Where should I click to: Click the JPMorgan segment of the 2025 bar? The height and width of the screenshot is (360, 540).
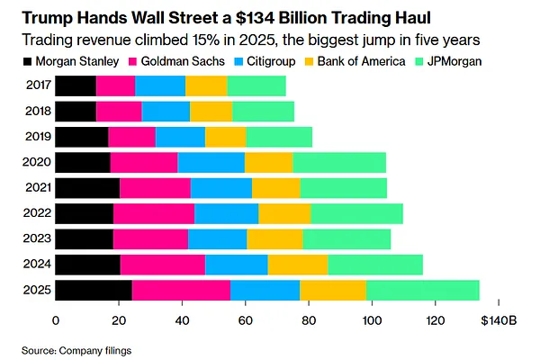tap(423, 290)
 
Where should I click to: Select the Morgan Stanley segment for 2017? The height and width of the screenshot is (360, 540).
tap(76, 85)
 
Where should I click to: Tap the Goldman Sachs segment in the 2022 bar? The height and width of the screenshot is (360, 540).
tap(154, 213)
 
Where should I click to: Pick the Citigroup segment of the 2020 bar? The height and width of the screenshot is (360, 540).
tap(211, 162)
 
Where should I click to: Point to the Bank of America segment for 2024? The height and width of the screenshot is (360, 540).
tap(298, 265)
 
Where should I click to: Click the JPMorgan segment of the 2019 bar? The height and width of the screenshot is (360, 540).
tap(279, 137)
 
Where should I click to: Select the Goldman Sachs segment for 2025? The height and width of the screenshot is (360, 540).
tap(181, 290)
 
